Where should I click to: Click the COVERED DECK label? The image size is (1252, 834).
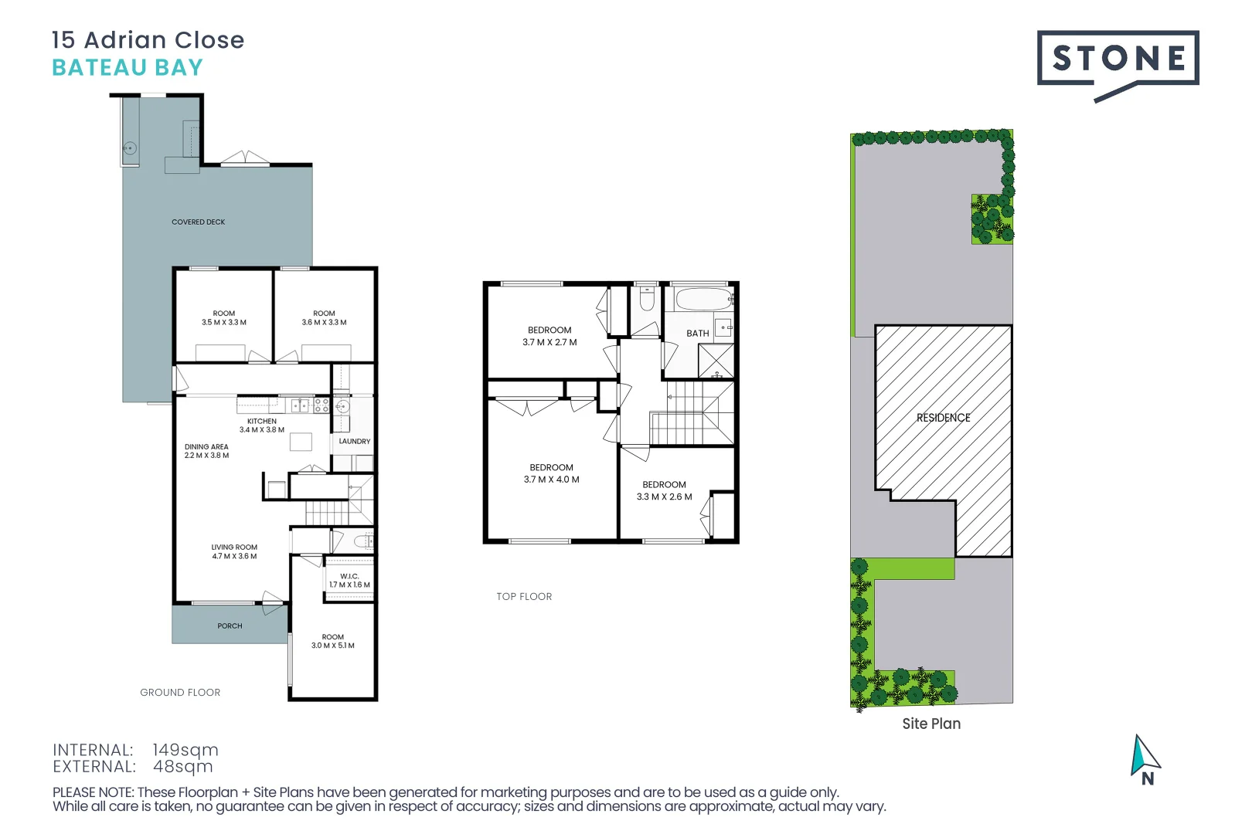tap(199, 222)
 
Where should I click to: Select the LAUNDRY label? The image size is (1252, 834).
tap(355, 442)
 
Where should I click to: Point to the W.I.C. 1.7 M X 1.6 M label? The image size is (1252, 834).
tap(349, 581)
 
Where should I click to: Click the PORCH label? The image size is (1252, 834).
tap(230, 626)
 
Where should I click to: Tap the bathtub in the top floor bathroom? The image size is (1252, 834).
tap(703, 299)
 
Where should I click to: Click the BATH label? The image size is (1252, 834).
tap(697, 334)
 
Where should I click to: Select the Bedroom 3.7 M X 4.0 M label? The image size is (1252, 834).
tap(551, 473)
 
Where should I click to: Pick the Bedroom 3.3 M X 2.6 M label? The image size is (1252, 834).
tap(664, 491)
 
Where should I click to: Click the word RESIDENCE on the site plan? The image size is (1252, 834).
tap(943, 418)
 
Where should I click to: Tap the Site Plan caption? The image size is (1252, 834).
tap(931, 724)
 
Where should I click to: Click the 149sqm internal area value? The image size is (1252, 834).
tap(185, 750)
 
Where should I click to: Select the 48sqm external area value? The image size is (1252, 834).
tap(183, 767)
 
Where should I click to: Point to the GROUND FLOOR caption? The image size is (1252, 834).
tap(180, 693)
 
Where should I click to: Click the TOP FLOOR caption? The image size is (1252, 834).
tap(524, 597)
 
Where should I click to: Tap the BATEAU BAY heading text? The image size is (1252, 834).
tap(128, 68)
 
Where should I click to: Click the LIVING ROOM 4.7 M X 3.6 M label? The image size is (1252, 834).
tap(234, 551)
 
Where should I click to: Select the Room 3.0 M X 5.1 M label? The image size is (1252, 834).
tap(332, 642)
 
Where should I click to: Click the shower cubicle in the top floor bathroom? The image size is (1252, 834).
tap(716, 361)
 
